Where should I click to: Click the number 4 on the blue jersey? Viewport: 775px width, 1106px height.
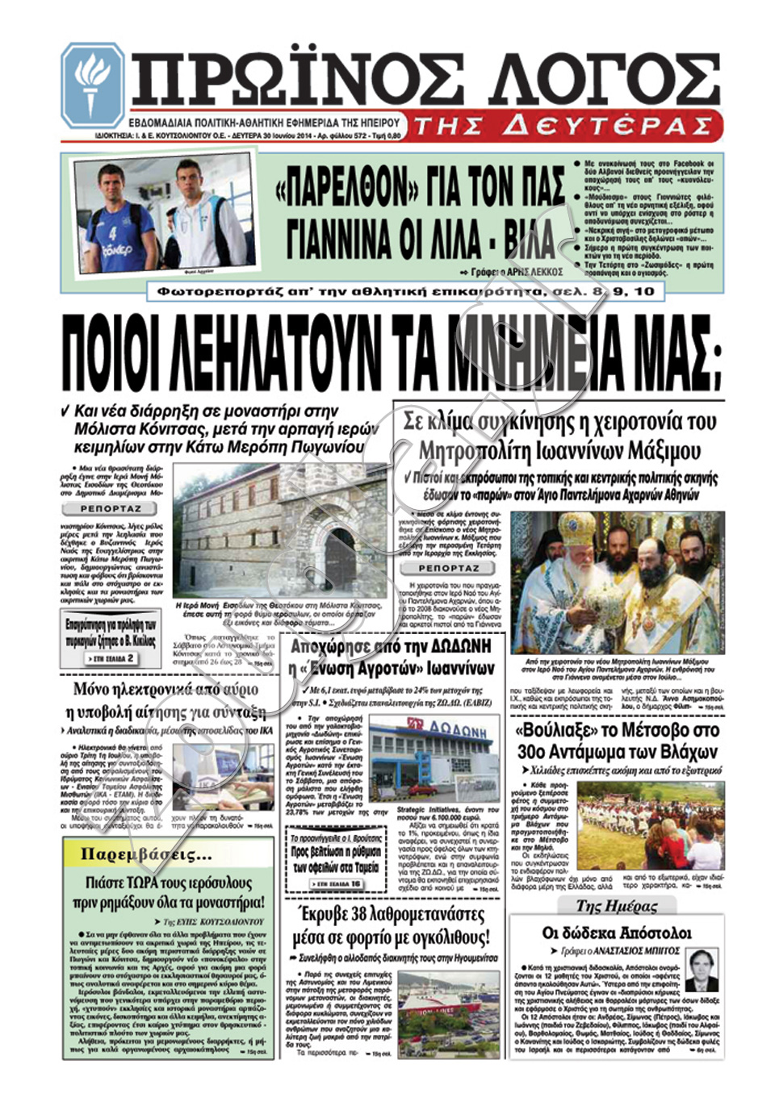click(113, 234)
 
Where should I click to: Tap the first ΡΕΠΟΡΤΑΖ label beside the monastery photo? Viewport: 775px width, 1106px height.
click(111, 509)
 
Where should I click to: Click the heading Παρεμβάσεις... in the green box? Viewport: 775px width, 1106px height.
click(146, 854)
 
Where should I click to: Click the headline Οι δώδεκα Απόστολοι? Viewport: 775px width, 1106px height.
click(617, 933)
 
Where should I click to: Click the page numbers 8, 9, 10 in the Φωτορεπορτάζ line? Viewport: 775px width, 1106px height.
click(622, 291)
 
